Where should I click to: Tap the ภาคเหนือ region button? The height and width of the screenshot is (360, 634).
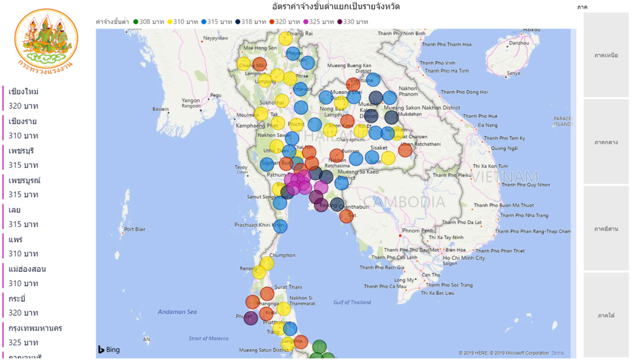tap(606, 56)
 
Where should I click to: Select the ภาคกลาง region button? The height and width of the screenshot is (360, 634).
tap(606, 142)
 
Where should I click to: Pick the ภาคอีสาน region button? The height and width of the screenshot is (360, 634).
tap(606, 229)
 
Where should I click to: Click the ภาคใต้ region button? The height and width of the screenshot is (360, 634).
tap(606, 315)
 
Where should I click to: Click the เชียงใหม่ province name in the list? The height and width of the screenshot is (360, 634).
tap(23, 92)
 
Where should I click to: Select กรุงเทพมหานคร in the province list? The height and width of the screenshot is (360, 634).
tap(36, 328)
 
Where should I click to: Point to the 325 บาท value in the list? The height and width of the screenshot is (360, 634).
tap(23, 343)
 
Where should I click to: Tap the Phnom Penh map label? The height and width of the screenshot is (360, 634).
tap(418, 230)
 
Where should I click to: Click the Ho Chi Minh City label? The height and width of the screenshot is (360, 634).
tap(464, 258)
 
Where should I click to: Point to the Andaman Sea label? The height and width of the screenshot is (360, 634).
tap(178, 312)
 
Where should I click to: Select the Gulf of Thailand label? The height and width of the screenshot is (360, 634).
tap(352, 302)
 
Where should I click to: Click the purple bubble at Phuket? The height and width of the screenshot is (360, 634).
tap(251, 318)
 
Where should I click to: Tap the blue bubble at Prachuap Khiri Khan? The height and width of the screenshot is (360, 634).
tap(280, 226)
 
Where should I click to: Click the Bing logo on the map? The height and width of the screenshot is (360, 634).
tap(109, 350)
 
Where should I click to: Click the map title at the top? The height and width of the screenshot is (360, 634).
tap(335, 7)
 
